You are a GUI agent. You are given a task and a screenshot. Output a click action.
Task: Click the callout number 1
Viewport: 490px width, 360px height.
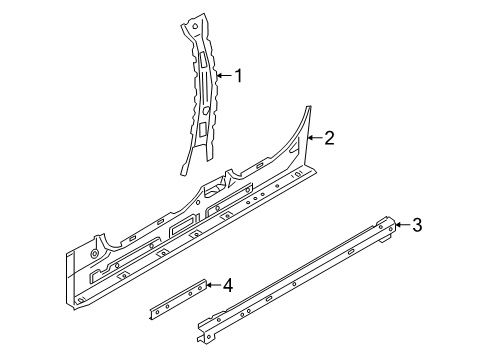point(239,74)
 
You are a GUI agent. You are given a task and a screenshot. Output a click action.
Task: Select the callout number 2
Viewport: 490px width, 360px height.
point(329,139)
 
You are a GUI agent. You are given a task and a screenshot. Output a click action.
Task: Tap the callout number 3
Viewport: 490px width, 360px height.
point(417,226)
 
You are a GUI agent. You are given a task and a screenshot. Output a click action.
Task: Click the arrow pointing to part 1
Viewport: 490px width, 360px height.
point(223,74)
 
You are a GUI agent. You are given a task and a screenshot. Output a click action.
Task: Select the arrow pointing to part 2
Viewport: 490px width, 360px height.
point(313,139)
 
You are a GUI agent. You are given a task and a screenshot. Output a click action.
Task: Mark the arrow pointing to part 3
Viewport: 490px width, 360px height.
point(401,226)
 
